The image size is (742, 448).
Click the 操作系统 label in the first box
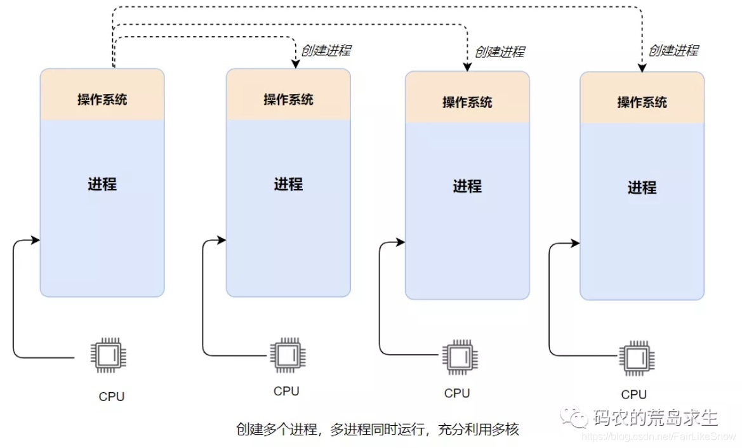pos(102,100)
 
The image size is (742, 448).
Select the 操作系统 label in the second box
pos(288,100)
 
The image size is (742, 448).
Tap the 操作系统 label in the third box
pos(467,102)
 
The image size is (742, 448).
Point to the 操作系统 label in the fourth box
pos(642,102)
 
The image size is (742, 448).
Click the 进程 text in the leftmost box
pos(102,185)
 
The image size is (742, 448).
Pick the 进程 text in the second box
pos(288,185)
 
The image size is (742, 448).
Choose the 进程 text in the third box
pos(467,187)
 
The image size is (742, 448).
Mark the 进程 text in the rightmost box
pos(642,188)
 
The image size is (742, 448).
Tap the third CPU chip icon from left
pos(459,357)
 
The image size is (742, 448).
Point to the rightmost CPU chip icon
pos(635,358)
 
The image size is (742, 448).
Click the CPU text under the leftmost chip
pos(112,397)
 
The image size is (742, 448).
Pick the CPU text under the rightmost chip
pos(633,395)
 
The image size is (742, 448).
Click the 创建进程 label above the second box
pos(326,51)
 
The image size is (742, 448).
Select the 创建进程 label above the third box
pos(500,51)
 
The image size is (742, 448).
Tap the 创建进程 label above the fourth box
pos(673,51)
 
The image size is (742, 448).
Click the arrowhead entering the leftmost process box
pos(36,240)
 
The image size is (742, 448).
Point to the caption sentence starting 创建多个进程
pos(377,430)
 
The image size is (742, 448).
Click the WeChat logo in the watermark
pos(577,418)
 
